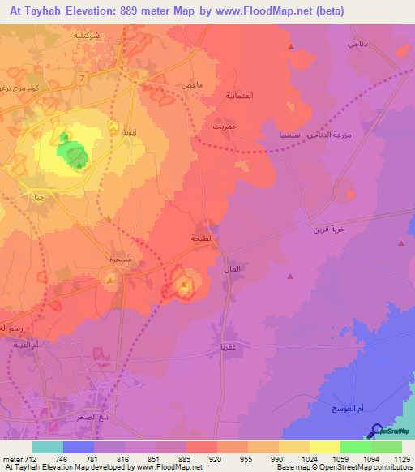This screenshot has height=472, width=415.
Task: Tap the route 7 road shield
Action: (82, 76)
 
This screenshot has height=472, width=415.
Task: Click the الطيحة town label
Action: (202, 238)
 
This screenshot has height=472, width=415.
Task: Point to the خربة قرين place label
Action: (328, 230)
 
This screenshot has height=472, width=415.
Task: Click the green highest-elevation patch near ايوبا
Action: (73, 154)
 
